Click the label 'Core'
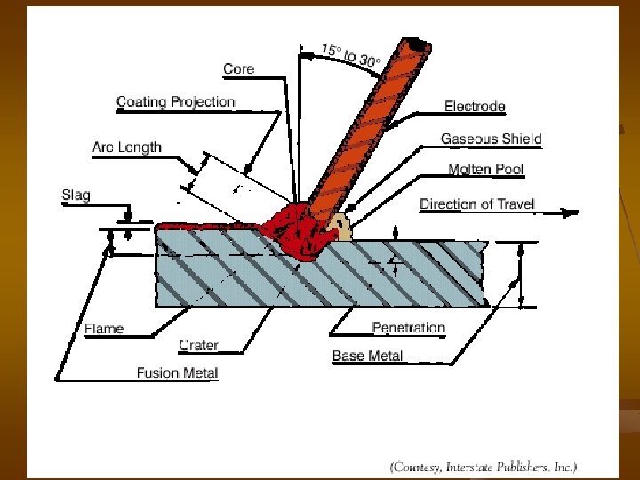(238, 68)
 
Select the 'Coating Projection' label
(175, 101)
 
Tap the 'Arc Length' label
(126, 147)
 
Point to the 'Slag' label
(76, 195)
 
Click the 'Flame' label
(104, 329)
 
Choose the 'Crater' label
(198, 345)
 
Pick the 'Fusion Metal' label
(177, 373)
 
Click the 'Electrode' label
(475, 107)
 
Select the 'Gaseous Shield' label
(491, 139)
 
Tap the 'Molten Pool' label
(485, 169)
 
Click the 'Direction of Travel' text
(477, 204)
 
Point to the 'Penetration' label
(408, 327)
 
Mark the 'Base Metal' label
(367, 356)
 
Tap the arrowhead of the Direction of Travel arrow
(572, 212)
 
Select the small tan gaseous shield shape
(340, 228)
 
